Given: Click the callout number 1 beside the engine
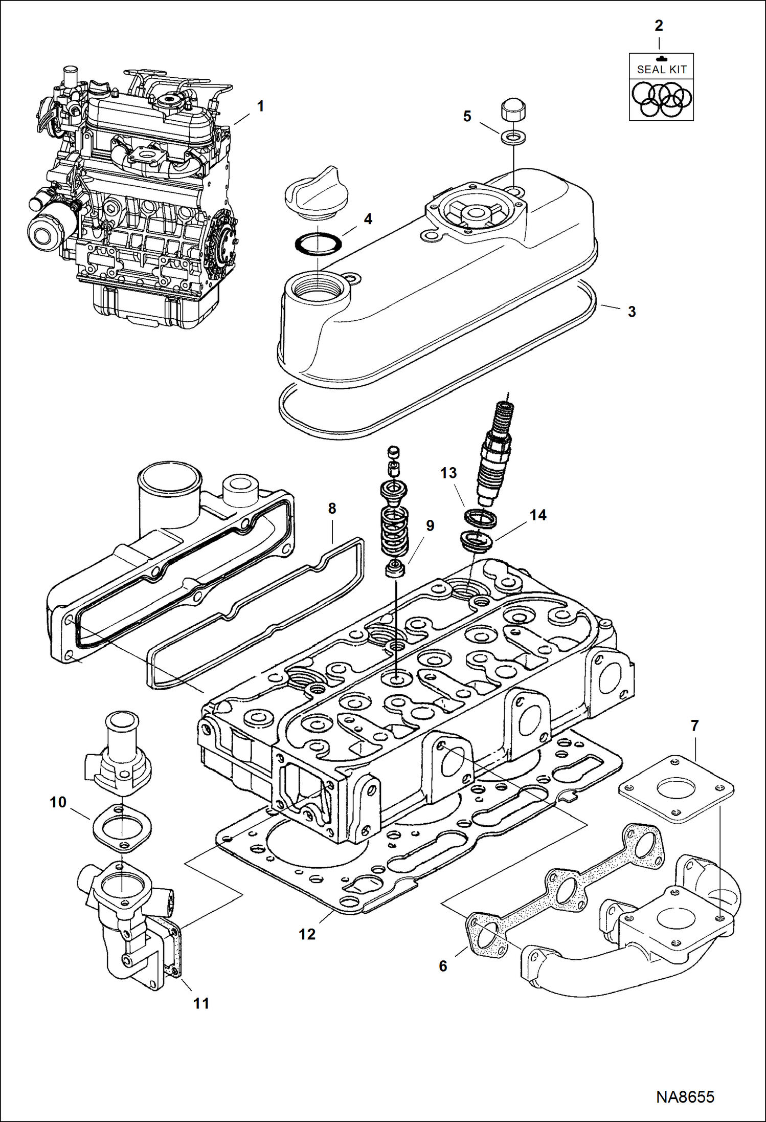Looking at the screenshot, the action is tap(260, 106).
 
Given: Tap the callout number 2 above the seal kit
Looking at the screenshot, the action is tap(659, 26).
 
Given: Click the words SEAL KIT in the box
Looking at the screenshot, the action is tap(662, 70).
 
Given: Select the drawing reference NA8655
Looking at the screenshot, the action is tap(685, 1097).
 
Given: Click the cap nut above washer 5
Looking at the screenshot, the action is tap(512, 111).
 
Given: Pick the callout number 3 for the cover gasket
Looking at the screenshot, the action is tap(632, 312).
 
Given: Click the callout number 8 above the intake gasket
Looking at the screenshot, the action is tap(332, 509).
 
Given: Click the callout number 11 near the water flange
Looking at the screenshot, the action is tap(201, 1003).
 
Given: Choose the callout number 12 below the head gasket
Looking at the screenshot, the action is tap(307, 934).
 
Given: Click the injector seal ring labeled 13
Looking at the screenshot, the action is tap(480, 519).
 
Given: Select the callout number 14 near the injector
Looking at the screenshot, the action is tap(538, 515).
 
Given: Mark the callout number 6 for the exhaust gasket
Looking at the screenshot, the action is tap(443, 966).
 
